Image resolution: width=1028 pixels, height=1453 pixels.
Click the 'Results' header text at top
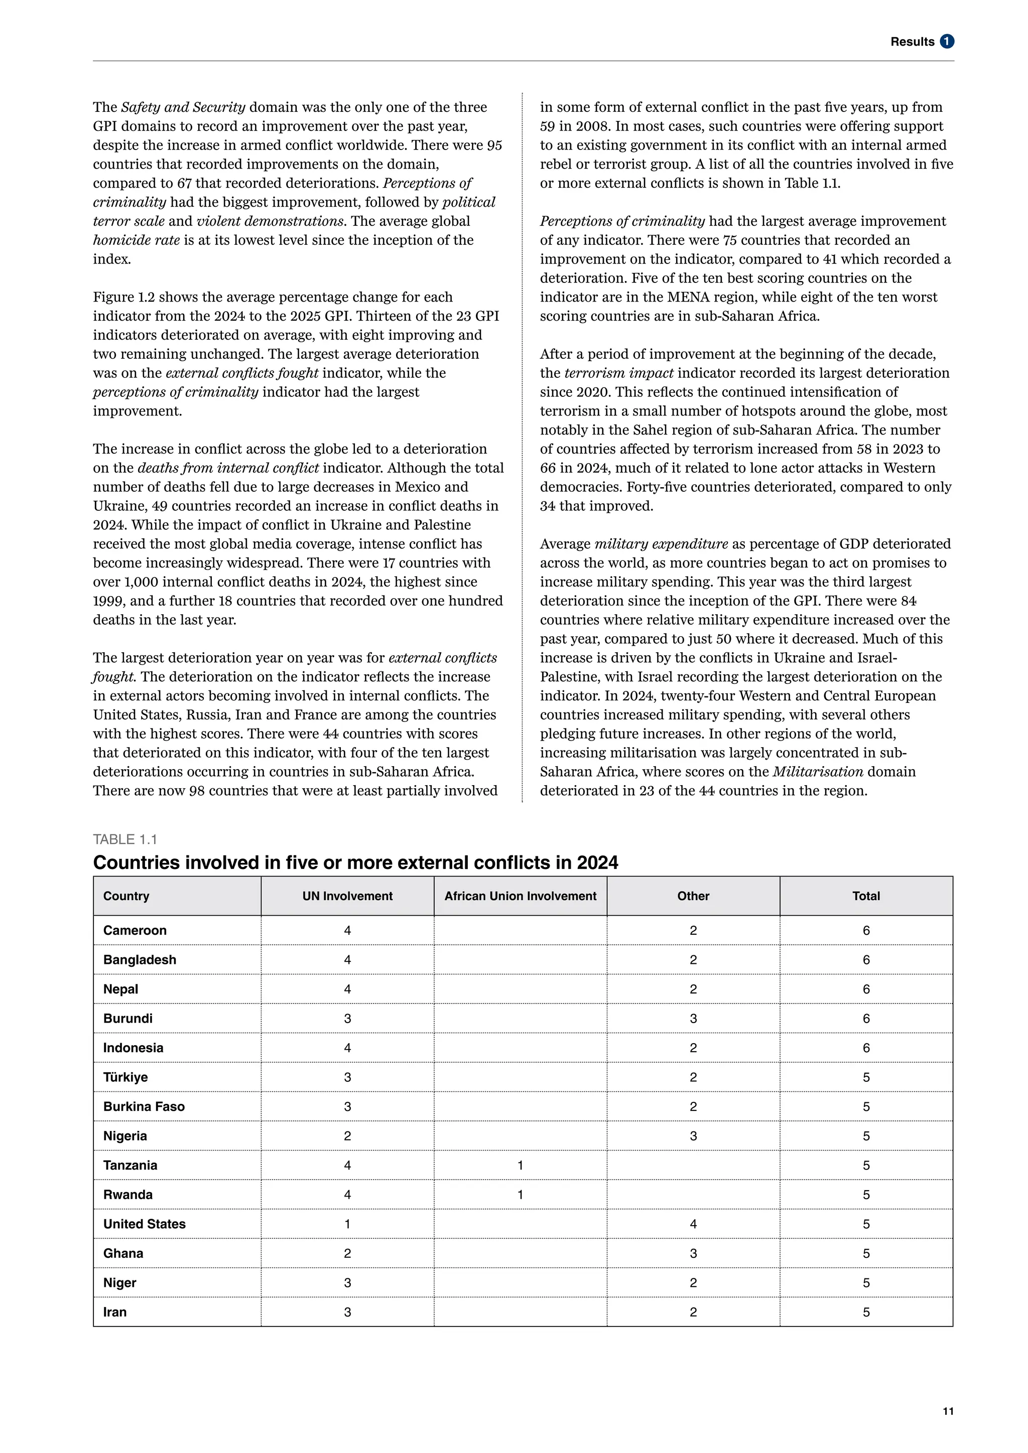[x=912, y=42]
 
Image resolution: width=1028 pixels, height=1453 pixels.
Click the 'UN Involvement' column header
[x=347, y=896]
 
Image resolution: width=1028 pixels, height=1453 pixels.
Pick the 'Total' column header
[x=865, y=896]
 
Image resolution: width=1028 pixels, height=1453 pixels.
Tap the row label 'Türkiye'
[x=125, y=1077]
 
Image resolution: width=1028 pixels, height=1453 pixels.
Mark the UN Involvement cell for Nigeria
[x=347, y=1136]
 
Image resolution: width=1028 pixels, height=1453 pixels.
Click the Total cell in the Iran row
[x=865, y=1312]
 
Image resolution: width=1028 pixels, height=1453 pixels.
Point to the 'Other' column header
[x=693, y=896]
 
